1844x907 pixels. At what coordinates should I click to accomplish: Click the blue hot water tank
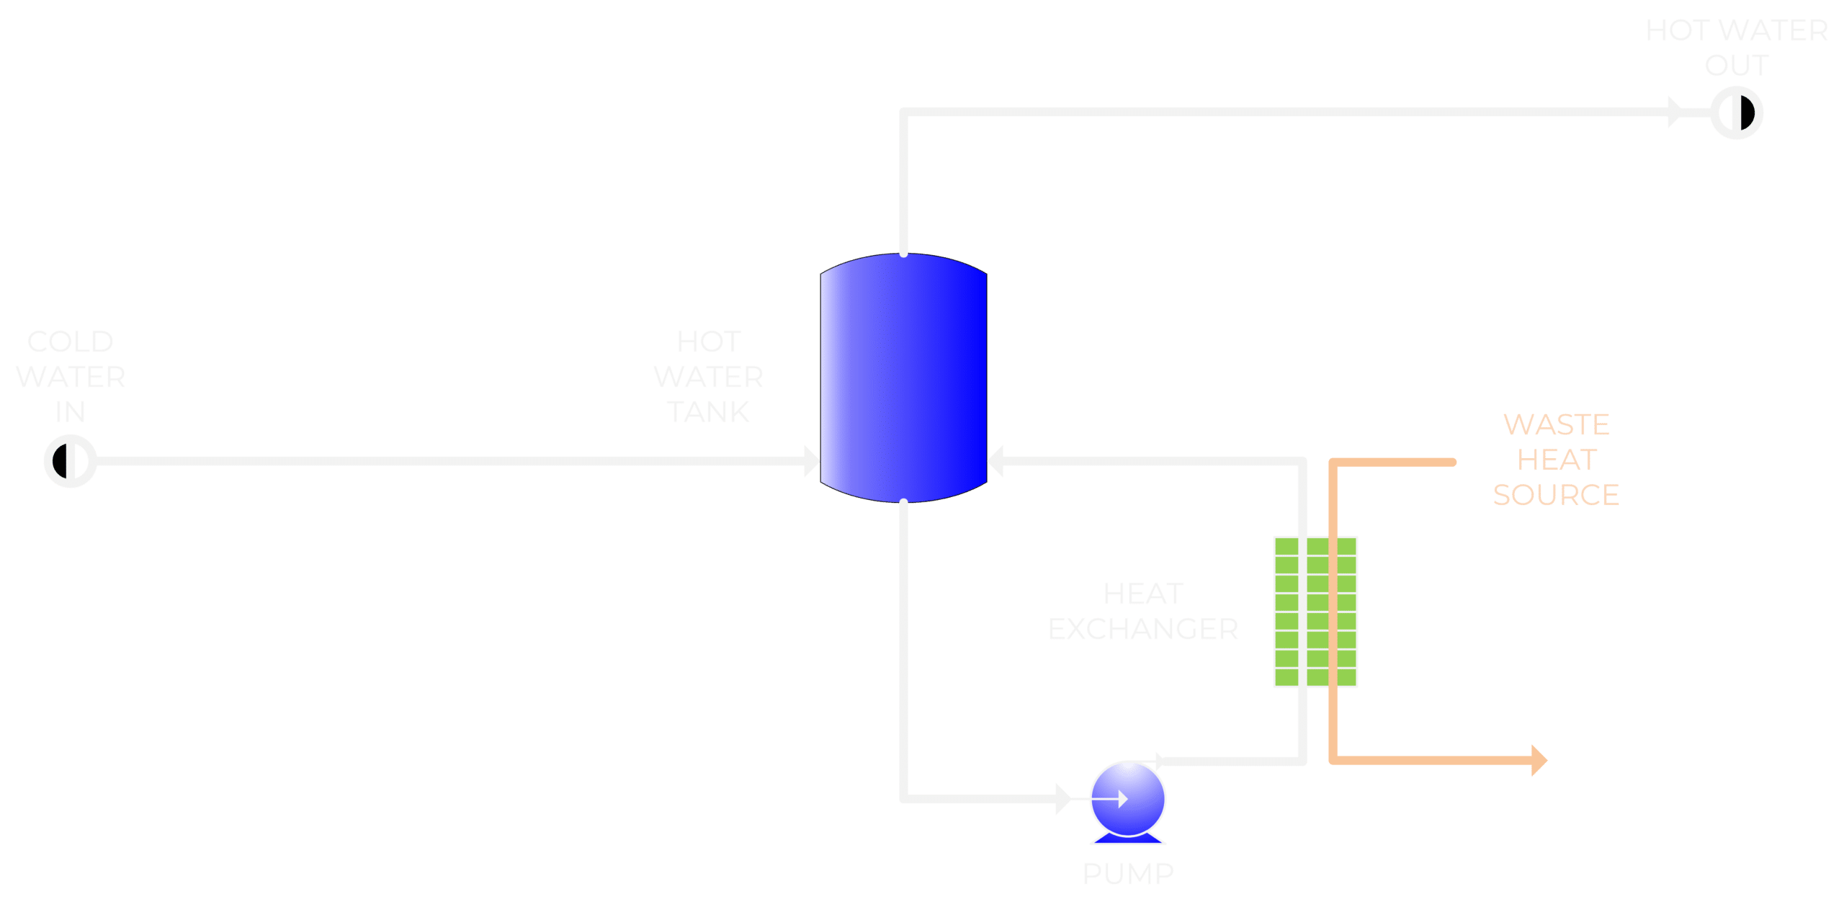(x=903, y=378)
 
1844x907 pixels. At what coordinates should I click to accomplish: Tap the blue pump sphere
(x=1127, y=798)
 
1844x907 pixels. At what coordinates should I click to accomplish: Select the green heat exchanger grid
(x=1315, y=612)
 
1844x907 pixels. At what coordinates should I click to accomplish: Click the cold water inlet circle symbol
(x=70, y=461)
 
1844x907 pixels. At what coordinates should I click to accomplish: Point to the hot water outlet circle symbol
(x=1736, y=113)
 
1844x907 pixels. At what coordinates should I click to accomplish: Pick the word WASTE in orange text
(x=1556, y=425)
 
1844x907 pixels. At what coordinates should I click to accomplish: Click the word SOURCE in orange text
(x=1556, y=495)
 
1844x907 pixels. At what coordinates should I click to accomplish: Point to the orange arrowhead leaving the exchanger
(x=1539, y=760)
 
